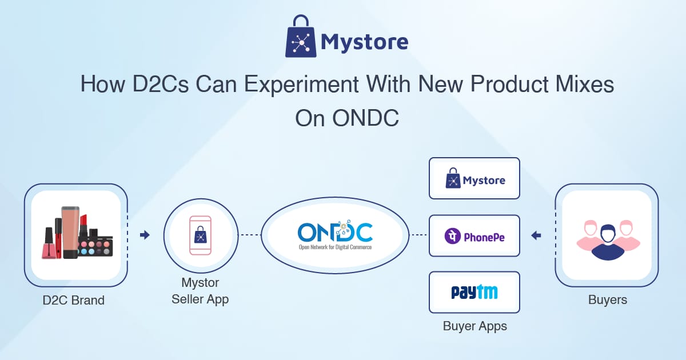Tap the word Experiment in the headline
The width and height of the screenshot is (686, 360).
[301, 85]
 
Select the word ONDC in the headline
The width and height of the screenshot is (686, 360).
[365, 118]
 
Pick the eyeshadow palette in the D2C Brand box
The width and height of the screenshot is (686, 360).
[95, 247]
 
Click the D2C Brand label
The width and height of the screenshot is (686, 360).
[74, 301]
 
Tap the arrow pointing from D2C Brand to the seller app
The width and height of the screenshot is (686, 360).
[145, 235]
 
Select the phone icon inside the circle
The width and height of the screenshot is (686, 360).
[200, 235]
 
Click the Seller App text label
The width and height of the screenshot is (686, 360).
[200, 299]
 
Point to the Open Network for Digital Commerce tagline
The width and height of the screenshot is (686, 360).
[335, 247]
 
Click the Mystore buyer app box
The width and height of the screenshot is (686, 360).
[474, 178]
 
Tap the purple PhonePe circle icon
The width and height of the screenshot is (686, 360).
[452, 236]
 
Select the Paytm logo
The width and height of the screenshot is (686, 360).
[474, 292]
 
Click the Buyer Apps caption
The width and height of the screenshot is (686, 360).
[474, 326]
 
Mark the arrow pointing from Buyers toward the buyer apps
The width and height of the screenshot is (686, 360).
[536, 235]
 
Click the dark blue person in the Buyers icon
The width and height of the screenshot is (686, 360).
[608, 242]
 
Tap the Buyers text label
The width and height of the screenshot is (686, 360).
[608, 299]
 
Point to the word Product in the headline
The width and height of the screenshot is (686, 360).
[509, 84]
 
